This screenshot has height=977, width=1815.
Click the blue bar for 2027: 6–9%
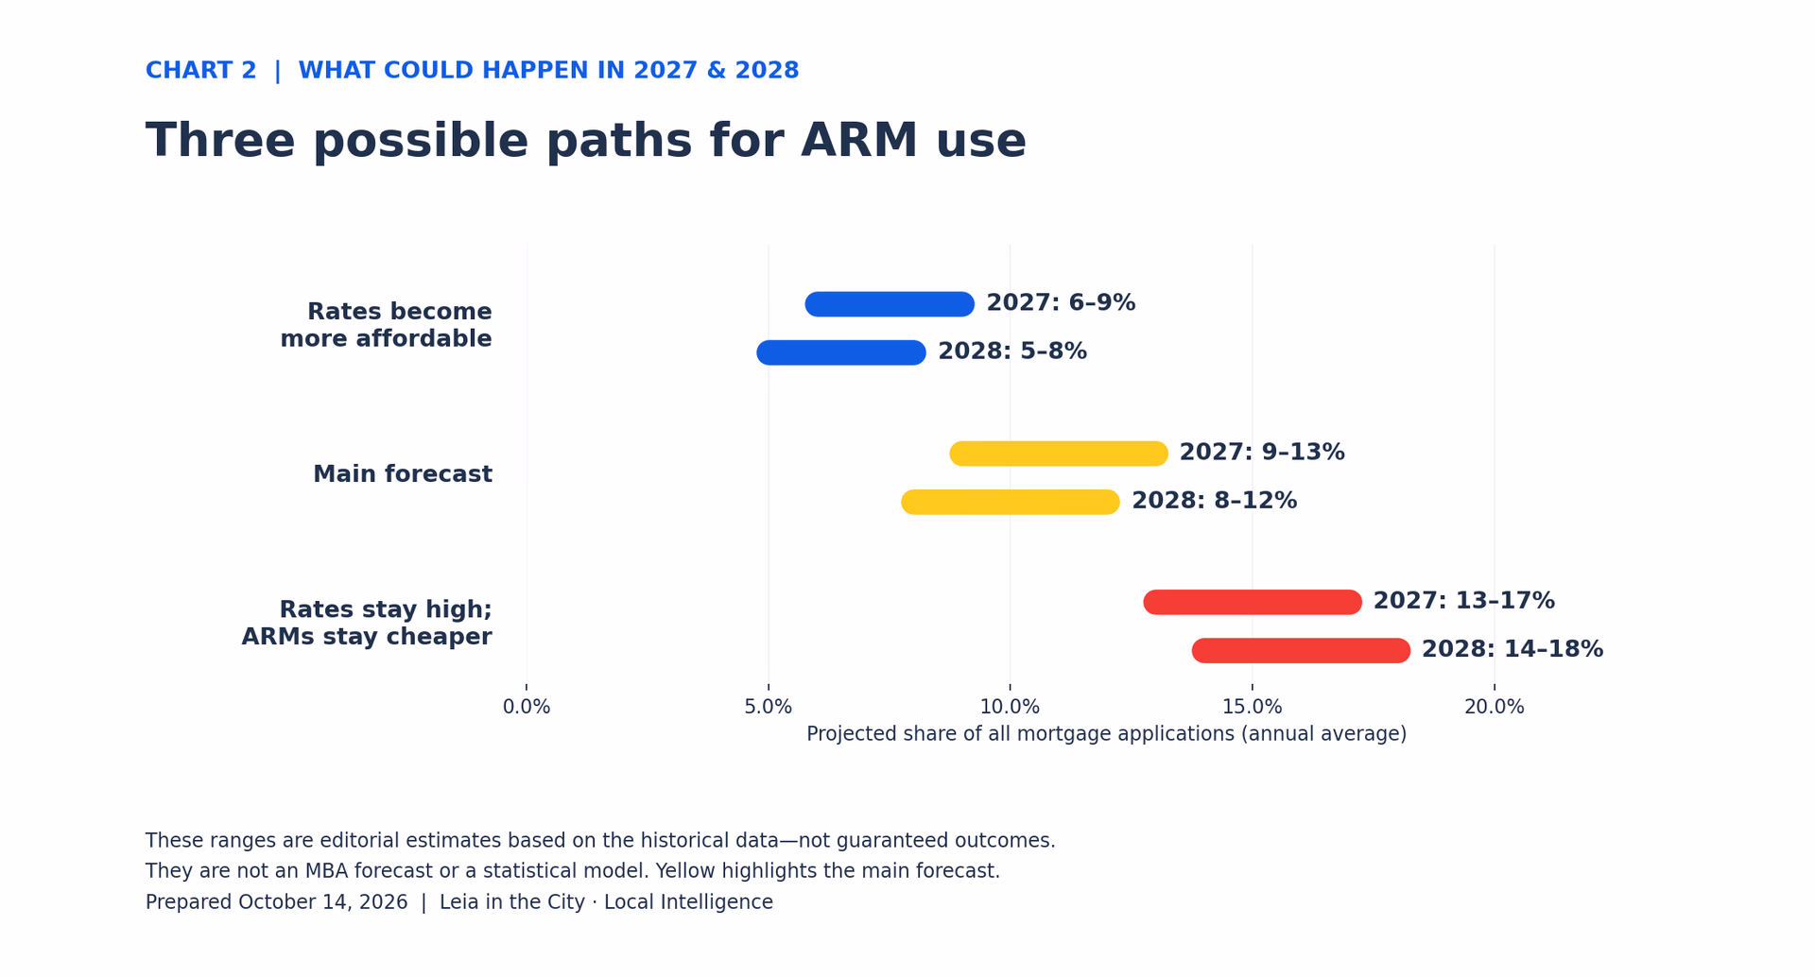[890, 304]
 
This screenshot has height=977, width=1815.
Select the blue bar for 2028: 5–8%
[841, 352]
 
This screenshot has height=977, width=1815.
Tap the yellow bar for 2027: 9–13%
[1059, 454]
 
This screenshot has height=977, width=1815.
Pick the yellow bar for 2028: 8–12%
[1011, 502]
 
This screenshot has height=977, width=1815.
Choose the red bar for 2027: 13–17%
[1253, 602]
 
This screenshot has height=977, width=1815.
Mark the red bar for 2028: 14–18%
[1301, 651]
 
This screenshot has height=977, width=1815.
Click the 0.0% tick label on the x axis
[527, 707]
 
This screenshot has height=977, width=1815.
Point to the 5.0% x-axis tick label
[769, 707]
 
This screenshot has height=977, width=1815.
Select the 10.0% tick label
[1010, 707]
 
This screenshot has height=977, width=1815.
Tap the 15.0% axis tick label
[1253, 707]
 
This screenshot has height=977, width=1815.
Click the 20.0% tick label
[1495, 707]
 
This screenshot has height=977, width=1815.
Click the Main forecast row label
[403, 474]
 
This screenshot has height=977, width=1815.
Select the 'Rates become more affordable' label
[386, 325]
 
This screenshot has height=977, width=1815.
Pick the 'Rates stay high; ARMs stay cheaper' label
[367, 624]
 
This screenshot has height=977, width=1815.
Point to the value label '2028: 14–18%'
[1512, 650]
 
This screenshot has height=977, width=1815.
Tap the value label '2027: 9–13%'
[1262, 453]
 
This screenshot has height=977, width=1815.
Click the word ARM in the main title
[859, 142]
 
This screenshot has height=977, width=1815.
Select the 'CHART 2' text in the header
[201, 71]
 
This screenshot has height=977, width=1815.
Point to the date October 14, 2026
[323, 902]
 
